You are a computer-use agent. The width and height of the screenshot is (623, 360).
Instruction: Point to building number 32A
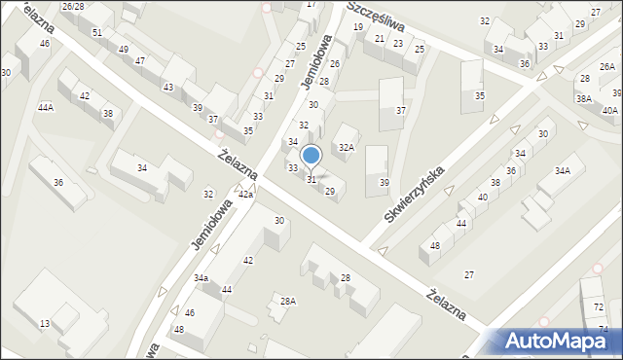tap(346, 148)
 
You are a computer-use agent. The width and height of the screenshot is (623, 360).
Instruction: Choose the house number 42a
tap(246, 196)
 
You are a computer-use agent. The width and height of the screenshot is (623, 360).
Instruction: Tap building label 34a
tap(201, 278)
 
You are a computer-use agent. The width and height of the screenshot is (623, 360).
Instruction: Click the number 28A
tap(288, 302)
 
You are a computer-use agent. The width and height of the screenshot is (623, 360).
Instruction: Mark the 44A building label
tap(46, 107)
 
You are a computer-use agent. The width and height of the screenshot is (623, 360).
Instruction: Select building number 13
tap(45, 323)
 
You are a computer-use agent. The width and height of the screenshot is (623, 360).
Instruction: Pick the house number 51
tap(97, 33)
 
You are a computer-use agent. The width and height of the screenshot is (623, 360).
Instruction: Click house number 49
tap(123, 50)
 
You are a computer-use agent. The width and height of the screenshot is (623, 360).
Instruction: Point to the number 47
tap(140, 61)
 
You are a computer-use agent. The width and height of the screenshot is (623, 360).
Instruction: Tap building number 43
tap(168, 88)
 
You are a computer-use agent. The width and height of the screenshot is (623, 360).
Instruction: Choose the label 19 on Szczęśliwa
tap(358, 27)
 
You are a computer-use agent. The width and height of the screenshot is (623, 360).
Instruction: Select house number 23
tap(398, 44)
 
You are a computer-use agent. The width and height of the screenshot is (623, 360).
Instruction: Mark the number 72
tap(598, 307)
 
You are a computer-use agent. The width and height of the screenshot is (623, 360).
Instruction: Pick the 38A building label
tap(583, 99)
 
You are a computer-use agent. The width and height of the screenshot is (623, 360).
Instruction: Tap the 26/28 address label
tap(72, 7)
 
